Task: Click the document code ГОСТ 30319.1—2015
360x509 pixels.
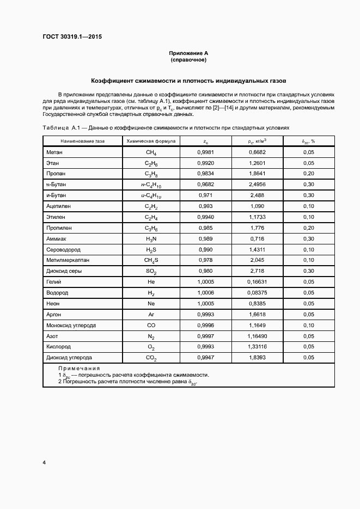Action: (x=72, y=37)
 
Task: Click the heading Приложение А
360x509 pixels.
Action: (x=188, y=53)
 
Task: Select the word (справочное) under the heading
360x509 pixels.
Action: (x=188, y=60)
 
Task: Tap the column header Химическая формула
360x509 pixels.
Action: (x=151, y=141)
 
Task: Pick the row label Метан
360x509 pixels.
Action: (x=56, y=152)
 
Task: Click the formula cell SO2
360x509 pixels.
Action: (x=151, y=271)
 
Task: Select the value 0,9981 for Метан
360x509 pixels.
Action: (x=205, y=152)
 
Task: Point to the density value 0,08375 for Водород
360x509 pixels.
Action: (x=258, y=292)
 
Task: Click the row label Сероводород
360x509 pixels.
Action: (x=65, y=249)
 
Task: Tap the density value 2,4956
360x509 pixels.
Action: (x=258, y=185)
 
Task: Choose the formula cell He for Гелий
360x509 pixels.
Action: (x=151, y=281)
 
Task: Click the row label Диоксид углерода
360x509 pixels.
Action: (x=70, y=357)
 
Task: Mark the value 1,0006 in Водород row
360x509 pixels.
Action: (x=205, y=292)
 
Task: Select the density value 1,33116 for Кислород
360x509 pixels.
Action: (x=258, y=346)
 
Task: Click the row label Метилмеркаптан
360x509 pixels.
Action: (x=68, y=260)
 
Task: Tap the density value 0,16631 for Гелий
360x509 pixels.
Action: (x=258, y=281)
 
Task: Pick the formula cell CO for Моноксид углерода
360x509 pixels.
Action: (x=151, y=325)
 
